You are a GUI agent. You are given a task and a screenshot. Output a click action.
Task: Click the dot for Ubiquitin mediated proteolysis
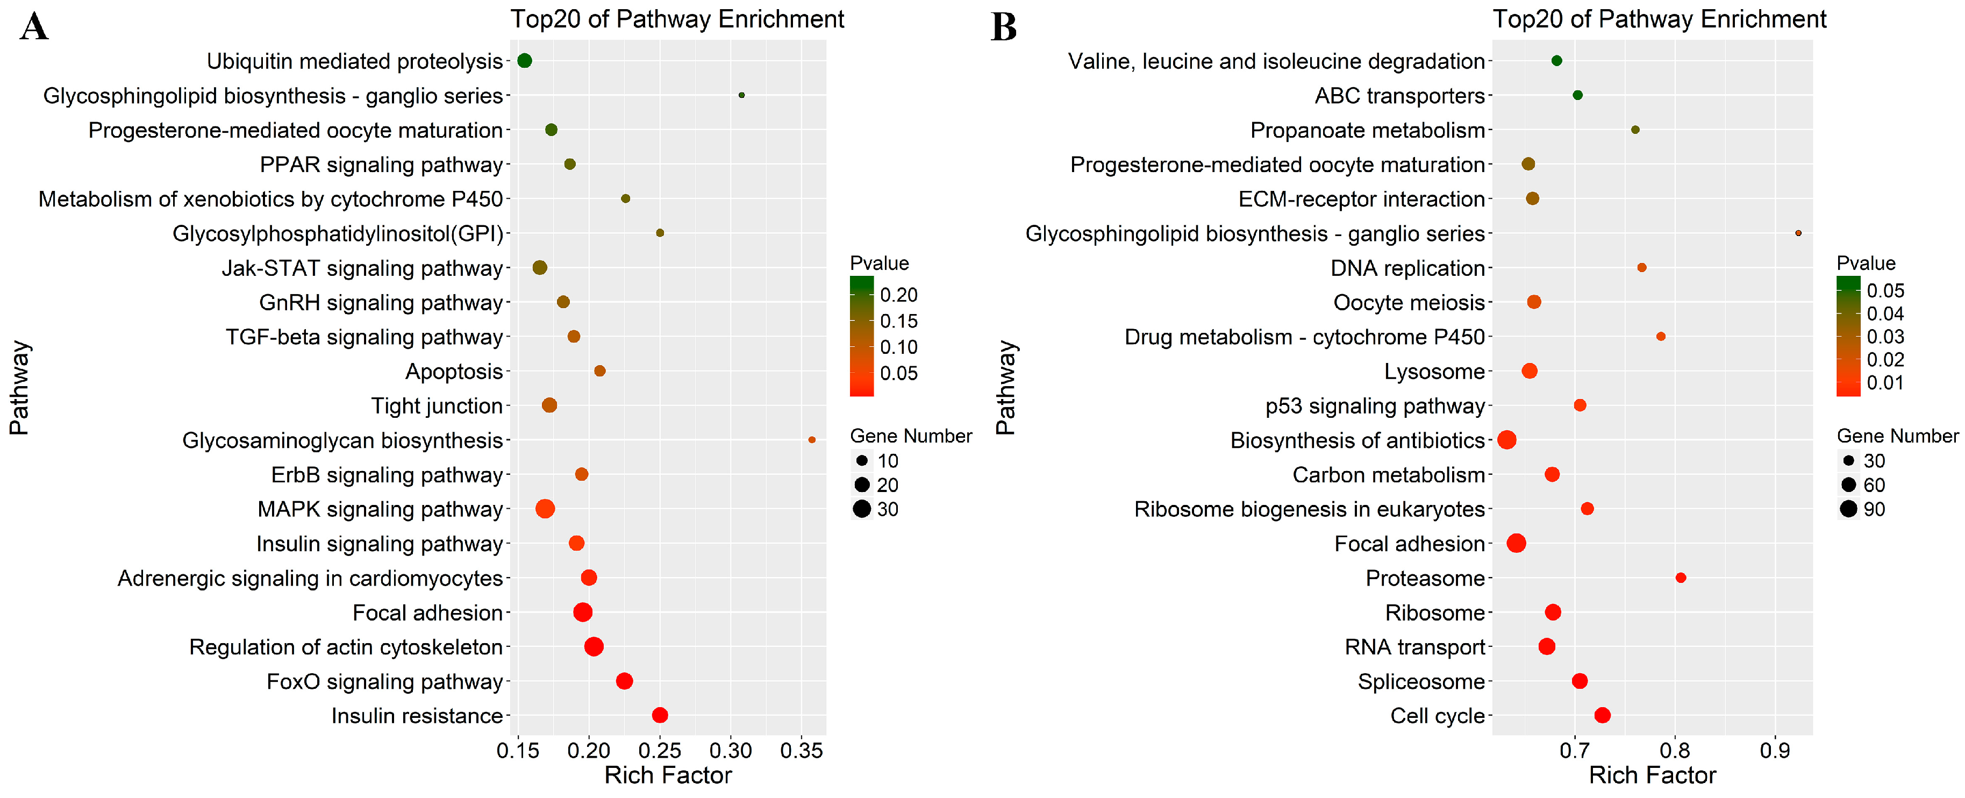point(524,61)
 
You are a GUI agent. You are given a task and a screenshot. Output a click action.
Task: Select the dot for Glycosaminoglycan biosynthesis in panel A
point(812,440)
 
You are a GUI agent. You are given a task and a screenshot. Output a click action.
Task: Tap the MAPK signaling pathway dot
point(545,509)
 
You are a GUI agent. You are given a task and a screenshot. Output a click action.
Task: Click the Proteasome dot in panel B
point(1681,578)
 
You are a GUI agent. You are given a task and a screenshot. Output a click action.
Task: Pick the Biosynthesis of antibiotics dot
point(1506,440)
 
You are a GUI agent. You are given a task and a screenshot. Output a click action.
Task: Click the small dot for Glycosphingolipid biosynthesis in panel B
point(1798,233)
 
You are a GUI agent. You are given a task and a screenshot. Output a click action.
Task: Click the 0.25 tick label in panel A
point(660,751)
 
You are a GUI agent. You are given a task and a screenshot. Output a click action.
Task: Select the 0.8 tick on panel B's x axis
point(1674,751)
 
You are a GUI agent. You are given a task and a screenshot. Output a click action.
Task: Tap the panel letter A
point(34,27)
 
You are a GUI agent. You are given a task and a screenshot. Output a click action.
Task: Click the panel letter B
point(1003,27)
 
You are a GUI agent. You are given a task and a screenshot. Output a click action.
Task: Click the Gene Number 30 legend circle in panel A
point(862,509)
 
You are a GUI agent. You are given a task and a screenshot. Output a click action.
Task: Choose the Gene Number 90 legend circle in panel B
point(1848,509)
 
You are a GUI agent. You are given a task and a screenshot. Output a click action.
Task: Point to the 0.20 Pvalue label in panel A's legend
point(898,295)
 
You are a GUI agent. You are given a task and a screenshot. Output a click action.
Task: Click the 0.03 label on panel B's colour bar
point(1885,337)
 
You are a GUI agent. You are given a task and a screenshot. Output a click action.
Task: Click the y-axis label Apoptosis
point(454,372)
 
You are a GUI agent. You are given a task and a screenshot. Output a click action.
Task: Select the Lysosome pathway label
point(1434,372)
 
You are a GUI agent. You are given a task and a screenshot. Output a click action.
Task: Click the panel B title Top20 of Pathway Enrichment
point(1659,19)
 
